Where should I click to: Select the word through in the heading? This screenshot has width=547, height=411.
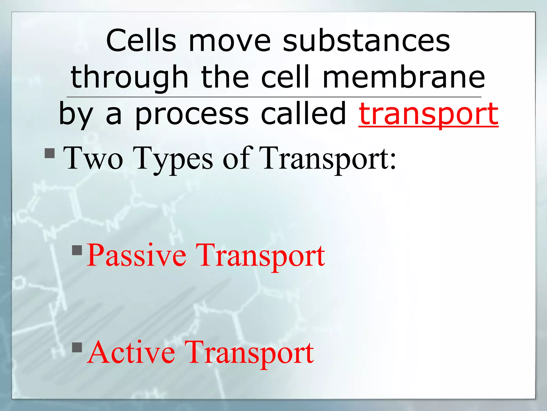(130, 78)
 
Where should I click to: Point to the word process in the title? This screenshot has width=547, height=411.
(192, 115)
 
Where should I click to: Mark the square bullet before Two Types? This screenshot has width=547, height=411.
(50, 153)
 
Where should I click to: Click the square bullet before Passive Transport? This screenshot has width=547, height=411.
(77, 250)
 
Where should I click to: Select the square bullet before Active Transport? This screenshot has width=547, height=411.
(77, 347)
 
